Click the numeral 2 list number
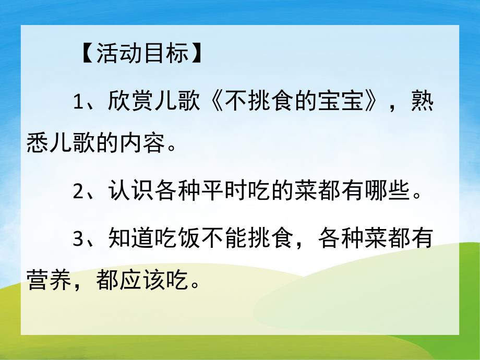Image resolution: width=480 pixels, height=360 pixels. pyautogui.click(x=78, y=190)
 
